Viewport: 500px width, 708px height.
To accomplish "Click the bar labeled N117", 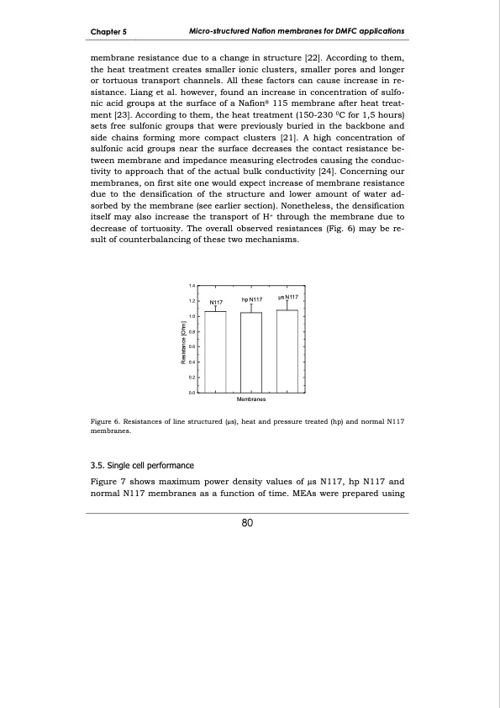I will pyautogui.click(x=216, y=351).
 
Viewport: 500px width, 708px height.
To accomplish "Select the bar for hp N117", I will pyautogui.click(x=251, y=352).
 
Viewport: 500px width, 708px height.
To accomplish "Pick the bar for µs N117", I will pyautogui.click(x=287, y=351).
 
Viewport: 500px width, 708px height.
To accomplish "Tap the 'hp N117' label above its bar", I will pyautogui.click(x=252, y=299).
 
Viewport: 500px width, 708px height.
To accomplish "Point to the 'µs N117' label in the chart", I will pyautogui.click(x=288, y=296).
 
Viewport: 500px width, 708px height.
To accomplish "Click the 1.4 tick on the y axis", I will pyautogui.click(x=192, y=286).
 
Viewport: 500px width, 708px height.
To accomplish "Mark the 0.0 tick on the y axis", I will pyautogui.click(x=192, y=393).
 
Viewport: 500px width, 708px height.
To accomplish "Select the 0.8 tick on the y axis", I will pyautogui.click(x=192, y=332).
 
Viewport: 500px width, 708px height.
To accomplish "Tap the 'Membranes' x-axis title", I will pyautogui.click(x=251, y=401).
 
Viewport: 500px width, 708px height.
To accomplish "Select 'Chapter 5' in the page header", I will pyautogui.click(x=108, y=32).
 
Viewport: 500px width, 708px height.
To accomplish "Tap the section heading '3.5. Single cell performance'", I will pyautogui.click(x=141, y=464).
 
